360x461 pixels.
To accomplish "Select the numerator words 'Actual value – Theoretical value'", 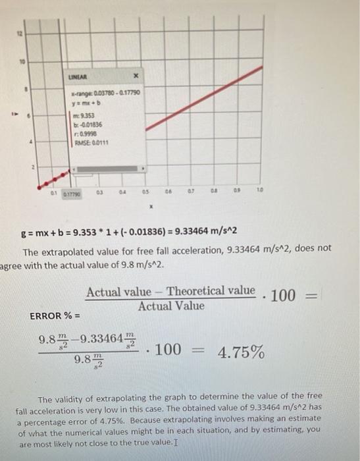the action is point(170,291).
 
